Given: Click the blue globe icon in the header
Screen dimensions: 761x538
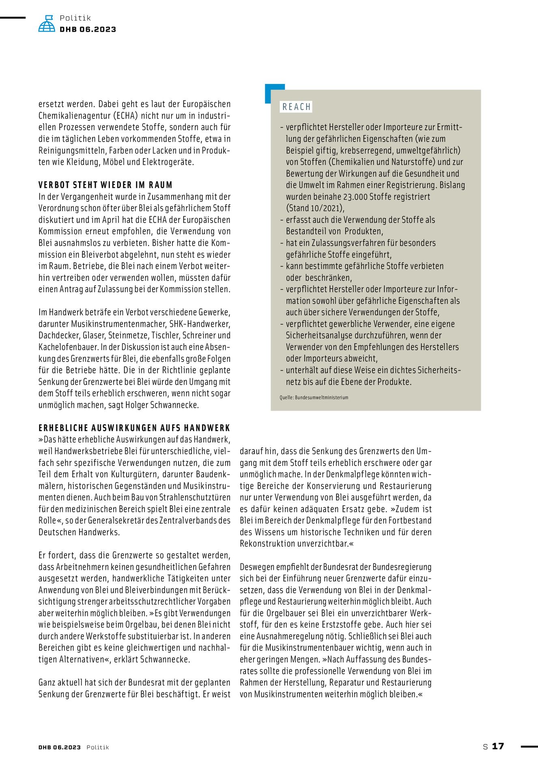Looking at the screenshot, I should point(47,24).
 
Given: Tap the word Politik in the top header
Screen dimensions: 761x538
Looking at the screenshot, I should point(75,18).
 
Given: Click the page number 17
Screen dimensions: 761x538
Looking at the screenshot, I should point(498,746).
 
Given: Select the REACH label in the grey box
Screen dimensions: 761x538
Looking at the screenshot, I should point(296,107).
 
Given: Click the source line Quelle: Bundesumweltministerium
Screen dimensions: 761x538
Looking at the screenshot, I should point(314,397).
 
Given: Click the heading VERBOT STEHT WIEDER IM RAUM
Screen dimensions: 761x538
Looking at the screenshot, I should point(105,185).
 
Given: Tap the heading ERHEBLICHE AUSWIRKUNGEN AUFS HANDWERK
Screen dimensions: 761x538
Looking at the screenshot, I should point(134,428).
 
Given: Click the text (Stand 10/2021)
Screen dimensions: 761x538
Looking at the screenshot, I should point(315,208).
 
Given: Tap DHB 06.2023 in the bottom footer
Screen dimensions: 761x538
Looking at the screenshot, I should point(60,747).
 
